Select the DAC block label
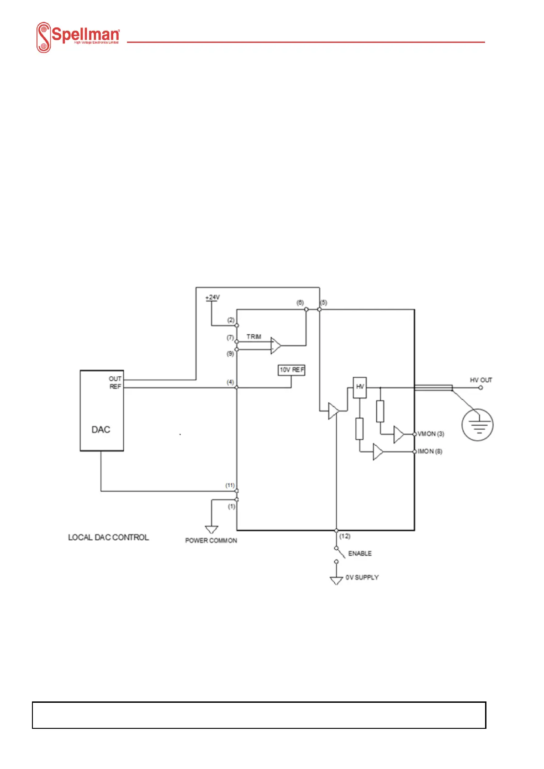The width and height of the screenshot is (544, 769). (100, 430)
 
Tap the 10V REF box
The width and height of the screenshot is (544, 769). (291, 370)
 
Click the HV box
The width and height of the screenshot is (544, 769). (360, 387)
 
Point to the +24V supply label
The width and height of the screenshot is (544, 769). (212, 297)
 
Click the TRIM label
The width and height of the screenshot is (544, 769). (254, 337)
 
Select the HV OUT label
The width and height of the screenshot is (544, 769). (481, 380)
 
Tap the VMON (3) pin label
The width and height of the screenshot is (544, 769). (431, 434)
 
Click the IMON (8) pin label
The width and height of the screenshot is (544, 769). (430, 451)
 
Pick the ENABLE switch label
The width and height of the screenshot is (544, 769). (360, 553)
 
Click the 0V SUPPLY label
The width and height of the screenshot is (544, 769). (362, 577)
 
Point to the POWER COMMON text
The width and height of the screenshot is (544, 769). (211, 540)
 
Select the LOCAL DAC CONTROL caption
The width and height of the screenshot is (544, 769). (108, 537)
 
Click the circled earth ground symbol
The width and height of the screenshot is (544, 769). (478, 425)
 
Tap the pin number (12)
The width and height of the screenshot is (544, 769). (345, 536)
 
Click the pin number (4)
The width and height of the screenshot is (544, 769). (231, 382)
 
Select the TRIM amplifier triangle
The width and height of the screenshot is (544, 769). (276, 345)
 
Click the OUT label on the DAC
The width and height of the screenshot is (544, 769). (115, 379)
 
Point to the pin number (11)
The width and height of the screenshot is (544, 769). (230, 485)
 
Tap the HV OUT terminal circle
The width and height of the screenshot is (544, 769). (481, 388)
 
